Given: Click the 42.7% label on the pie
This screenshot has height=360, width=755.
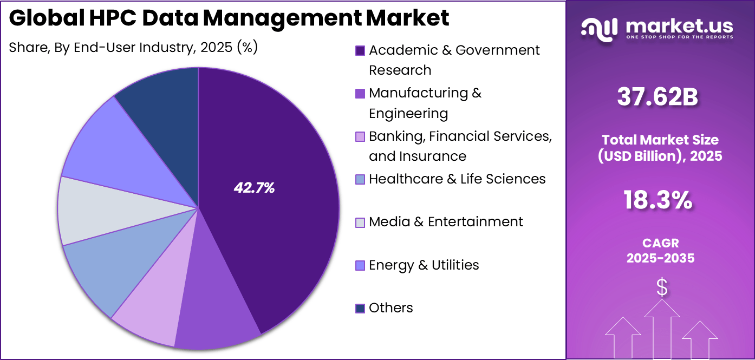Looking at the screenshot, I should tap(254, 188).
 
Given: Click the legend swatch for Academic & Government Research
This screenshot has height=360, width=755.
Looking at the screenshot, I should tap(360, 50).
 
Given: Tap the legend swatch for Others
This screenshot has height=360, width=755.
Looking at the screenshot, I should tap(360, 308).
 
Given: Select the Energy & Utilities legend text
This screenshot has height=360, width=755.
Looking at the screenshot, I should tap(424, 265).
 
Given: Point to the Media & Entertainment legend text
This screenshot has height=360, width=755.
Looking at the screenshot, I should tap(446, 222).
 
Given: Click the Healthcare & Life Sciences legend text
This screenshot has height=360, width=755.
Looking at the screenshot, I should tap(457, 179).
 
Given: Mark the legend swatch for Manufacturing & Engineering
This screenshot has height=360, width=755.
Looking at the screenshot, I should tap(360, 94).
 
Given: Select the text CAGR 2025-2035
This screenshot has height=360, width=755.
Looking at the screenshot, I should tap(660, 251).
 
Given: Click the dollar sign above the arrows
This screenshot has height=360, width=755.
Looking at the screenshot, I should tap(661, 287).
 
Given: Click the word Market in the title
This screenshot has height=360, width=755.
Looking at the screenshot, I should tap(407, 18).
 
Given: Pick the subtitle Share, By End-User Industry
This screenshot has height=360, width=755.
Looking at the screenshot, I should tap(133, 48).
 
